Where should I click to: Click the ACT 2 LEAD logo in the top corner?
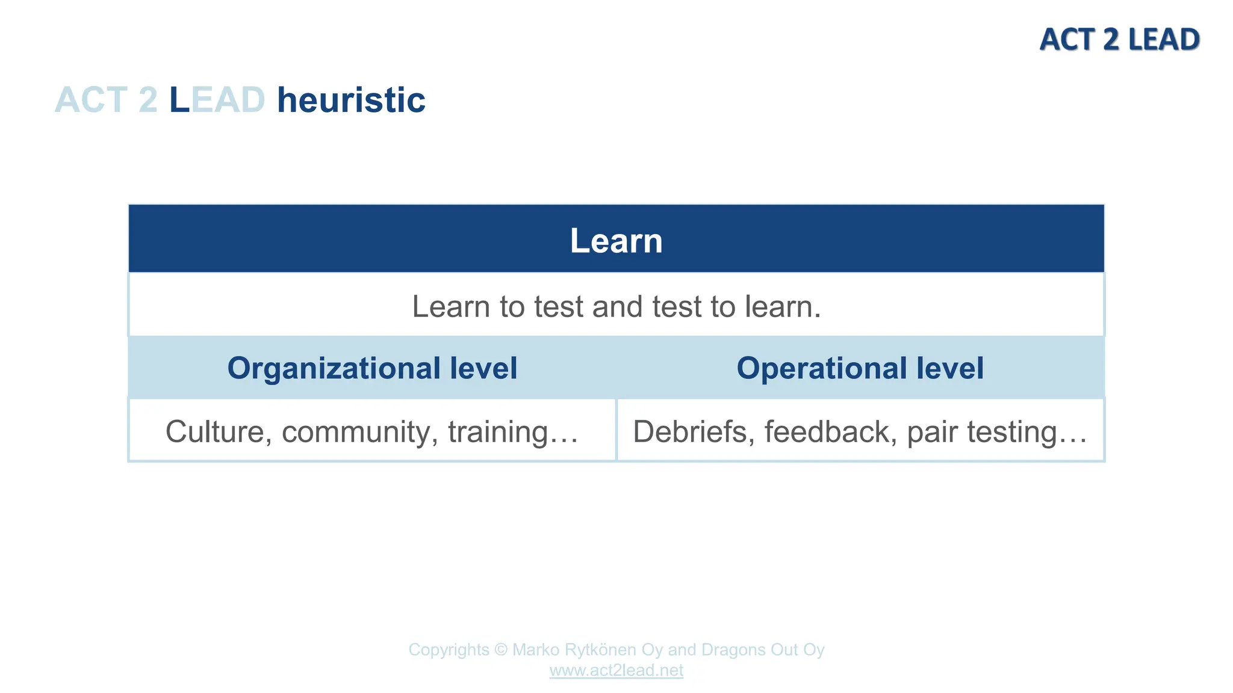click(x=1119, y=40)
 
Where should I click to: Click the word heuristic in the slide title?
click(x=351, y=100)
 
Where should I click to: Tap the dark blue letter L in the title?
click(x=179, y=100)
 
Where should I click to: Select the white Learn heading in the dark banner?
click(x=616, y=241)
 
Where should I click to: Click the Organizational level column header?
click(x=372, y=368)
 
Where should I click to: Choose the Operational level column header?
click(x=860, y=368)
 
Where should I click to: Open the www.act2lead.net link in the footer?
click(x=616, y=670)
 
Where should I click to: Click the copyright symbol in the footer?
click(x=501, y=650)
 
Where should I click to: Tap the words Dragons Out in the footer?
click(x=742, y=650)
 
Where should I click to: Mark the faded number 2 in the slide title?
click(x=148, y=100)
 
